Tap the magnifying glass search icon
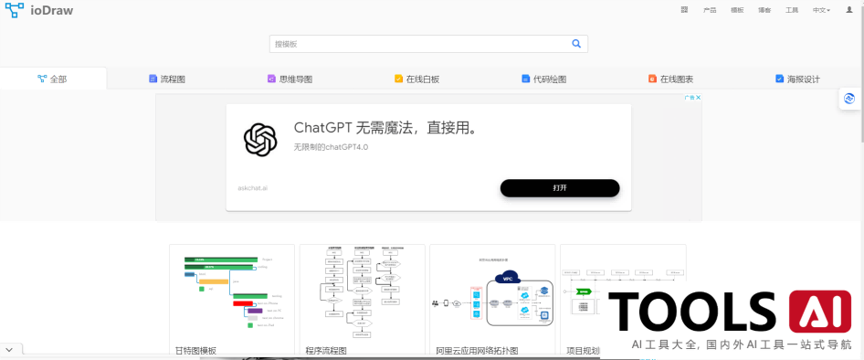click(x=576, y=43)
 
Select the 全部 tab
click(x=52, y=79)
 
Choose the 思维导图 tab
click(x=290, y=79)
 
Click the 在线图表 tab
click(x=670, y=79)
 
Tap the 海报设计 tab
click(x=797, y=79)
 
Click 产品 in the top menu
click(x=710, y=10)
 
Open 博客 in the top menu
click(x=764, y=10)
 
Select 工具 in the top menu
click(x=792, y=10)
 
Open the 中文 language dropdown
click(x=821, y=10)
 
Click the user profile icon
click(x=849, y=10)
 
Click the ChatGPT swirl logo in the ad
click(x=259, y=139)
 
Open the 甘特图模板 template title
click(x=195, y=350)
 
